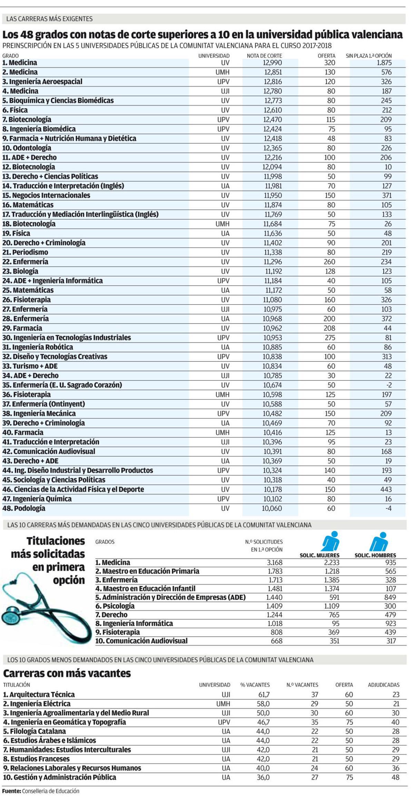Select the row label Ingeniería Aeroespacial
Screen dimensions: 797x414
click(x=46, y=82)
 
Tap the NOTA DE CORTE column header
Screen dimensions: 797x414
click(x=264, y=56)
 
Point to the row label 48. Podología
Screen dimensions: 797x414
click(x=24, y=508)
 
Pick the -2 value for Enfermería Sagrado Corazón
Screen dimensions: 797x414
click(x=388, y=385)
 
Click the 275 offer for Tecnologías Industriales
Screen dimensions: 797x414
click(x=330, y=338)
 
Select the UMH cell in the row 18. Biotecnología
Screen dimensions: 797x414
click(x=222, y=224)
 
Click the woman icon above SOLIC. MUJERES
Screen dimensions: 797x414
click(x=331, y=541)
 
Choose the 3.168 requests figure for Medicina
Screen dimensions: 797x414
click(x=274, y=562)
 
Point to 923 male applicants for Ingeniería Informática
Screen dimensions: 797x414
click(x=390, y=623)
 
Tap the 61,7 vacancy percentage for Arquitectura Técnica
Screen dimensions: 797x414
click(x=262, y=694)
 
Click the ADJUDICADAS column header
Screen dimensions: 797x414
click(x=383, y=685)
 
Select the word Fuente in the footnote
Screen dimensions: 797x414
click(x=11, y=791)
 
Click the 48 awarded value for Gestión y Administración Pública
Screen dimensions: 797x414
click(x=395, y=777)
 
